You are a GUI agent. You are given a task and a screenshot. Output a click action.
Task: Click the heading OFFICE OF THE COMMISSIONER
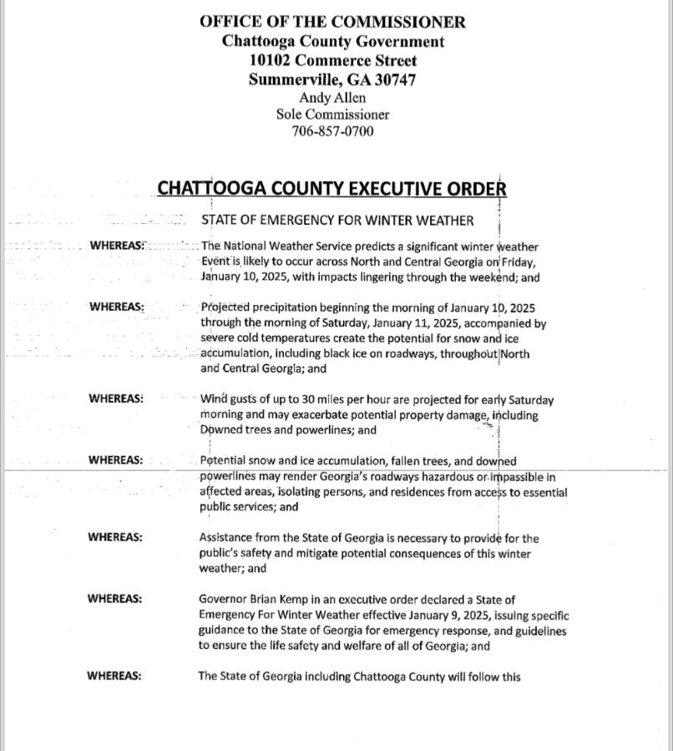pos(332,22)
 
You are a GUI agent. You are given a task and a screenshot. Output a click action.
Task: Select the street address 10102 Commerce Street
pos(332,60)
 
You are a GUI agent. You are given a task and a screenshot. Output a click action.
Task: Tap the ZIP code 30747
pos(392,80)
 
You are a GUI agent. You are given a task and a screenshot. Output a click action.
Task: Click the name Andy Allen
pos(332,98)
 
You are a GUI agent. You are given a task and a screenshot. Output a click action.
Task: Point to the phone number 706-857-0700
pos(332,131)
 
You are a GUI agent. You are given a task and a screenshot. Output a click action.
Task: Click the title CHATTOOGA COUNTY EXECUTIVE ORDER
pos(331,188)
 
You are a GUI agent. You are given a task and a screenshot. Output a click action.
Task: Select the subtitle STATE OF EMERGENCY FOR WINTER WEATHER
pos(337,221)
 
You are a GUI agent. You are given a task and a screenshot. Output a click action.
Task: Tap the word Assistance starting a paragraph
pos(227,538)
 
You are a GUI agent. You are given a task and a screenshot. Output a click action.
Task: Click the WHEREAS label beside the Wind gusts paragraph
pos(116,398)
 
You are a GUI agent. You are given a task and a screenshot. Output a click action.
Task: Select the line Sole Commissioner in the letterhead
pos(332,114)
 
